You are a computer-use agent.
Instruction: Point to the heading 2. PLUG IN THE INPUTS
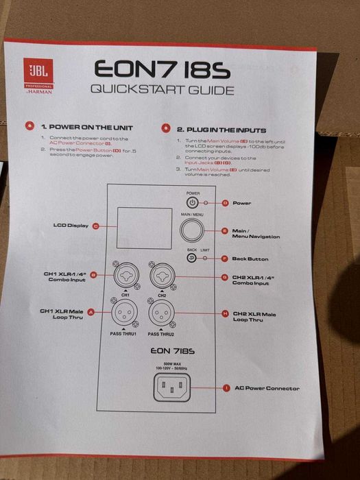221,129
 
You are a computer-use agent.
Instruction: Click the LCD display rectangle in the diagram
144,228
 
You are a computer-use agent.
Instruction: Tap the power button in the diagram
193,203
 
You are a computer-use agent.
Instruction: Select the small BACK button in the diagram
192,259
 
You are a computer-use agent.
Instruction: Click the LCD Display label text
71,226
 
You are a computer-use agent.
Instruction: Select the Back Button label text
251,259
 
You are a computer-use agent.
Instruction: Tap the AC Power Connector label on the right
267,388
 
